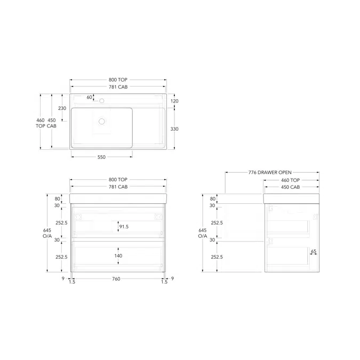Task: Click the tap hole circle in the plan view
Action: [102, 101]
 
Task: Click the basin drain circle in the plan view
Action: [102, 122]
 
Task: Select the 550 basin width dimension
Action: [101, 157]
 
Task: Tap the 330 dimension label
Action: [174, 129]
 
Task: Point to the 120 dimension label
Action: [174, 101]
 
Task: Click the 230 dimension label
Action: [62, 108]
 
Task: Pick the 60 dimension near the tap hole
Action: [89, 98]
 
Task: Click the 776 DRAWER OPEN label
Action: [270, 172]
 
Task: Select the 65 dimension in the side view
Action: [314, 251]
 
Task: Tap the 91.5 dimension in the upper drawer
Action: [124, 227]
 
